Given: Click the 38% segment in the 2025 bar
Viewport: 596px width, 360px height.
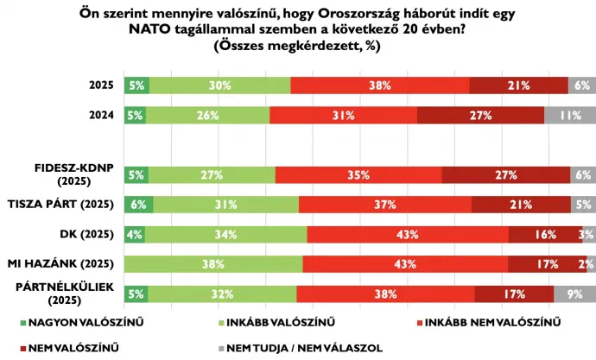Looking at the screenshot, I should (x=379, y=85).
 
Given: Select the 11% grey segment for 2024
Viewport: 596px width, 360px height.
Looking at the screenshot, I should (x=570, y=115).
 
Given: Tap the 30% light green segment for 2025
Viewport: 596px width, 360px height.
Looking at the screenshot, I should (x=219, y=85).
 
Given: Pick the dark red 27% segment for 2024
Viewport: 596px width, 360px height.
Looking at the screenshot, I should (x=480, y=115).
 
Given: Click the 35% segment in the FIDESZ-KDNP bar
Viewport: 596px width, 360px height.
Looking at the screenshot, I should (x=358, y=174).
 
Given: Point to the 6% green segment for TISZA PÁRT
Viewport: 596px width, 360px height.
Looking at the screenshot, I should (x=139, y=205).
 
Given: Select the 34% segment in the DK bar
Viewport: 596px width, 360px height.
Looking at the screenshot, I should (x=226, y=234).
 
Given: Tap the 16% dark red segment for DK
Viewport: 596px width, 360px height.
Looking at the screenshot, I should (x=545, y=234).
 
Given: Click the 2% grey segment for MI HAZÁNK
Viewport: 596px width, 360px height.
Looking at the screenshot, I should (x=587, y=264).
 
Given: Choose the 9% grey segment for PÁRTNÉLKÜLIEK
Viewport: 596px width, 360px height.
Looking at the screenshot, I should (x=574, y=294).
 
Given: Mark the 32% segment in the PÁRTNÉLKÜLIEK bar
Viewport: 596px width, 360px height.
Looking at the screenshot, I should (x=222, y=294).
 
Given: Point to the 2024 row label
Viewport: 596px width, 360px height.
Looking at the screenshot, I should (x=102, y=115).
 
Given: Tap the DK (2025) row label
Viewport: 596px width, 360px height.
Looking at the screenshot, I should (x=91, y=234).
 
